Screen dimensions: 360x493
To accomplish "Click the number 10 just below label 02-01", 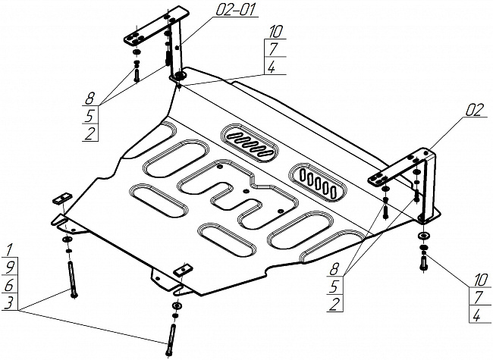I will (275, 32).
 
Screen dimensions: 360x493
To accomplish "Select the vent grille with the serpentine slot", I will (250, 141).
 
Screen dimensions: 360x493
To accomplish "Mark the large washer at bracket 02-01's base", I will (180, 76).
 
